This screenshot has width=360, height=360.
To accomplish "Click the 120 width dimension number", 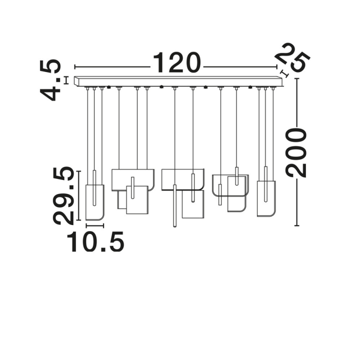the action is tap(177, 62).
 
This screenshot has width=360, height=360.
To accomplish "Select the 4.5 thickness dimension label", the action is tap(50, 80).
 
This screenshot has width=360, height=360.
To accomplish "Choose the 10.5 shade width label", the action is tap(95, 241).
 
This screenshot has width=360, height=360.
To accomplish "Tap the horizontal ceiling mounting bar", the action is tap(178, 81).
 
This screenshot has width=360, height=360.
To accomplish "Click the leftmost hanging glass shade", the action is tap(95, 202).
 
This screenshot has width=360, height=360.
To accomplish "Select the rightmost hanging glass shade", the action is tap(266, 198).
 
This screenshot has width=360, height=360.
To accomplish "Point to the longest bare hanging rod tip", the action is tap(174, 226).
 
